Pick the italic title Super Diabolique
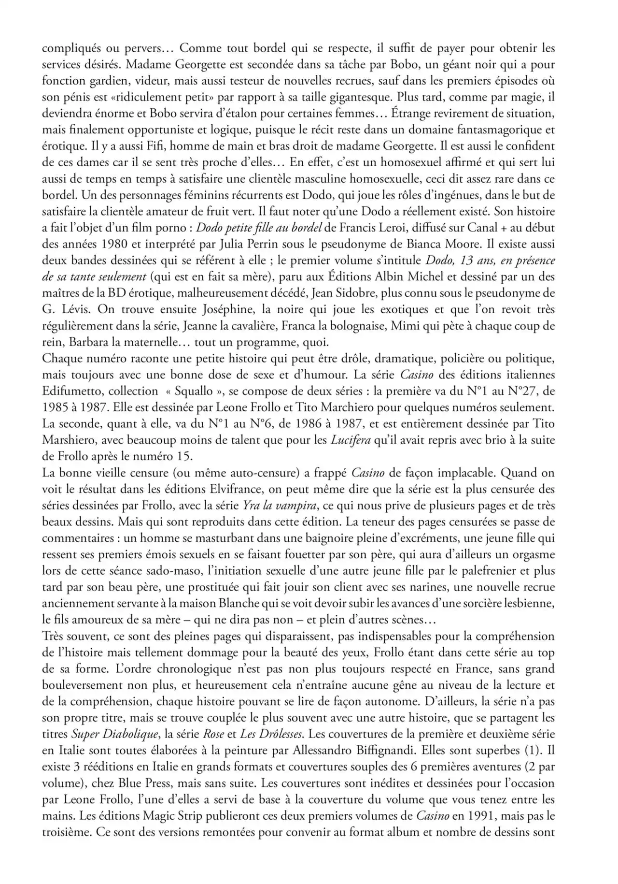pos(114,734)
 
